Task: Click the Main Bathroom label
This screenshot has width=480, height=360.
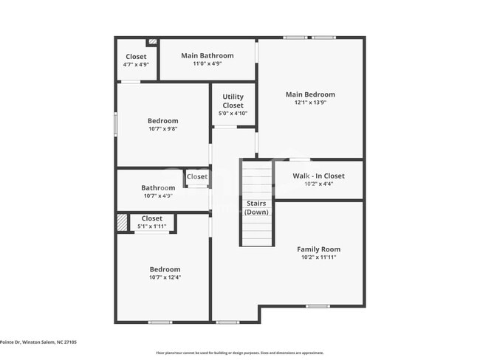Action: (208, 55)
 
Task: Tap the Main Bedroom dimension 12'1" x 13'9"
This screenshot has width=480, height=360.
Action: (310, 103)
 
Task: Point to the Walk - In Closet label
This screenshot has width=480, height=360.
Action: (318, 176)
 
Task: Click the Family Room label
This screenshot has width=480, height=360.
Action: (318, 249)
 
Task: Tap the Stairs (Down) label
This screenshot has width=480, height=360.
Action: (256, 207)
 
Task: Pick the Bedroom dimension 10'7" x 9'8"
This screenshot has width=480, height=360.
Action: (162, 129)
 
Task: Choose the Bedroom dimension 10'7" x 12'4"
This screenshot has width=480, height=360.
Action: (165, 277)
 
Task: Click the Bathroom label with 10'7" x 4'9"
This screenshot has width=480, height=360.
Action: (158, 188)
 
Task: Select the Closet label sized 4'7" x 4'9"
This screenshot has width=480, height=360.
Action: (136, 57)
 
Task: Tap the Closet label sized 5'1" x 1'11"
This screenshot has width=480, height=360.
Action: (151, 218)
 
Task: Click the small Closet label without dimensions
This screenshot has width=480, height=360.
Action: (196, 177)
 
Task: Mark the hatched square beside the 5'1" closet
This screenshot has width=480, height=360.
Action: (122, 222)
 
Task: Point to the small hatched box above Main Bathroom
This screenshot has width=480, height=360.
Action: (153, 42)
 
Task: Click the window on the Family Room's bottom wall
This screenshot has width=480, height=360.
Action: (318, 305)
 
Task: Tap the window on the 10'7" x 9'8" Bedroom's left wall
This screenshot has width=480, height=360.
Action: (115, 123)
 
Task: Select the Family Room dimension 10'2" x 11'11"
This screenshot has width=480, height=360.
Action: (318, 258)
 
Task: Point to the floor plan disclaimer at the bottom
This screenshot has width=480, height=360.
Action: (239, 353)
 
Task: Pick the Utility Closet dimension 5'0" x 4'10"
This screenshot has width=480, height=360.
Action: (233, 114)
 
